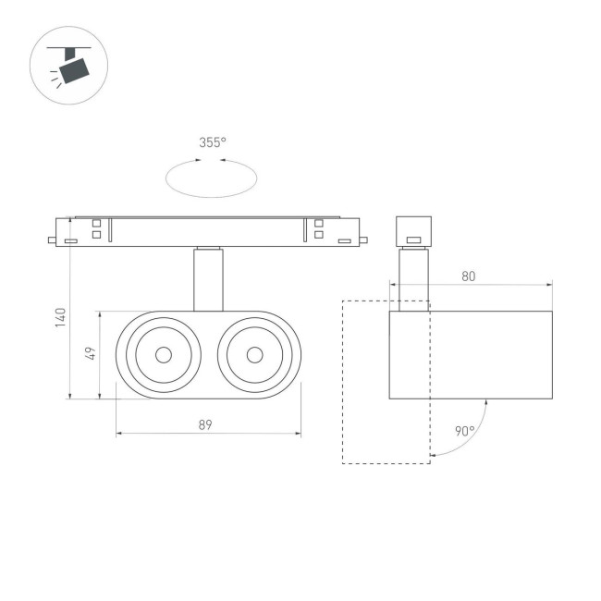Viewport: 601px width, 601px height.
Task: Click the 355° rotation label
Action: click(x=213, y=142)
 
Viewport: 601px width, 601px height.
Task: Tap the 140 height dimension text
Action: click(x=60, y=317)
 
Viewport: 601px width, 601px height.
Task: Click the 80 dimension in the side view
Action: click(x=469, y=276)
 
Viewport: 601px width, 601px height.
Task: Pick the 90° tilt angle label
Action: click(x=464, y=431)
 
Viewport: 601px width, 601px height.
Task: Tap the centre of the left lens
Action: click(x=163, y=355)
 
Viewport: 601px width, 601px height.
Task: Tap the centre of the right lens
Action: click(x=253, y=355)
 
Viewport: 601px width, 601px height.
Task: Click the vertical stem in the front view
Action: click(x=208, y=279)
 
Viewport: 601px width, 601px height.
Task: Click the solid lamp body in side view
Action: click(x=471, y=355)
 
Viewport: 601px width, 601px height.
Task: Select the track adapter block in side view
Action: click(x=413, y=230)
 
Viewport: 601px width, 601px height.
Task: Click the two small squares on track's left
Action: click(x=96, y=228)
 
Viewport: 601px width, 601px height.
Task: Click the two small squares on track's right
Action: click(x=319, y=228)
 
